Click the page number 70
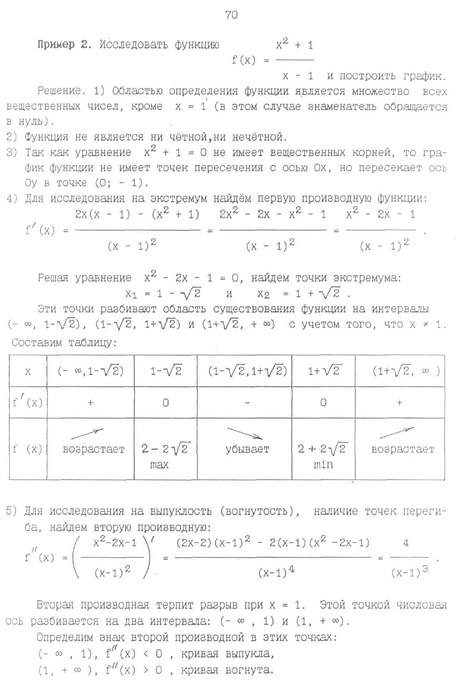(231, 15)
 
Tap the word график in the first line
(424, 76)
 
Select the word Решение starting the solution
(58, 91)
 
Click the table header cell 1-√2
(166, 371)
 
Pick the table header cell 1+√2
(324, 371)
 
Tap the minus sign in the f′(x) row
(247, 403)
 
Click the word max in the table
(159, 465)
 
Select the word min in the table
(323, 465)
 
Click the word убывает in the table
(247, 450)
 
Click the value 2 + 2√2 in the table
(323, 449)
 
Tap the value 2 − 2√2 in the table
(166, 449)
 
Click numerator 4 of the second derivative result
(406, 543)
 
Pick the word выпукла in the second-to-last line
(249, 654)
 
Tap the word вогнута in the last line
(249, 670)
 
